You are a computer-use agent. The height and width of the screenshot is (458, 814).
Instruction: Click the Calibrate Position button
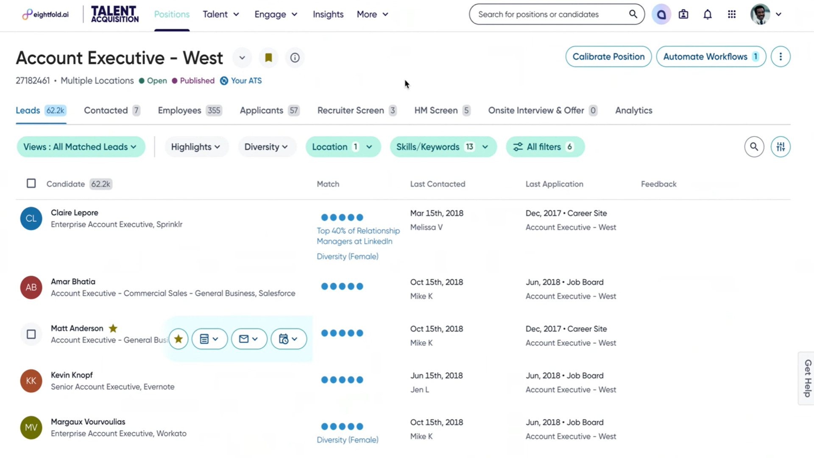(608, 57)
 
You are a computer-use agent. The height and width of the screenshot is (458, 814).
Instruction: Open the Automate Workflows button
(711, 57)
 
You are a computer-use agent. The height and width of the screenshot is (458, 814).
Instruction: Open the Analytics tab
(633, 111)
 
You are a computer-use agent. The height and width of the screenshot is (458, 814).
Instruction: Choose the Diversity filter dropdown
(266, 147)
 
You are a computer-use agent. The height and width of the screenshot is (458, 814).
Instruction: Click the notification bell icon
(707, 14)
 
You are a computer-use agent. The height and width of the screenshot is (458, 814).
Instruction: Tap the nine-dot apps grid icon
(731, 14)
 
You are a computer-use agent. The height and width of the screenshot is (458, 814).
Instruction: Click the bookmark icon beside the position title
(268, 58)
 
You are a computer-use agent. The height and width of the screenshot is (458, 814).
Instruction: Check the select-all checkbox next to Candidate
(31, 184)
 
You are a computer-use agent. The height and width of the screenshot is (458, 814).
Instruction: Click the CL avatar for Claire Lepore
(31, 218)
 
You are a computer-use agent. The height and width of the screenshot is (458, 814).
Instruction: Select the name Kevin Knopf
(72, 375)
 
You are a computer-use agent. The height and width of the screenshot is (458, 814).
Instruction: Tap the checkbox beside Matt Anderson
(31, 335)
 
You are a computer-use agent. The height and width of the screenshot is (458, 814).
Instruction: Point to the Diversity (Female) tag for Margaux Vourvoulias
(347, 440)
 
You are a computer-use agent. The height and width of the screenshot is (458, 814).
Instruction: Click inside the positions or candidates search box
(551, 14)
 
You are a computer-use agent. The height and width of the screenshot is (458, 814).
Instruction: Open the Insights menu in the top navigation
(328, 14)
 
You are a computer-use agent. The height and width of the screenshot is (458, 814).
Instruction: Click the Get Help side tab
(807, 378)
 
